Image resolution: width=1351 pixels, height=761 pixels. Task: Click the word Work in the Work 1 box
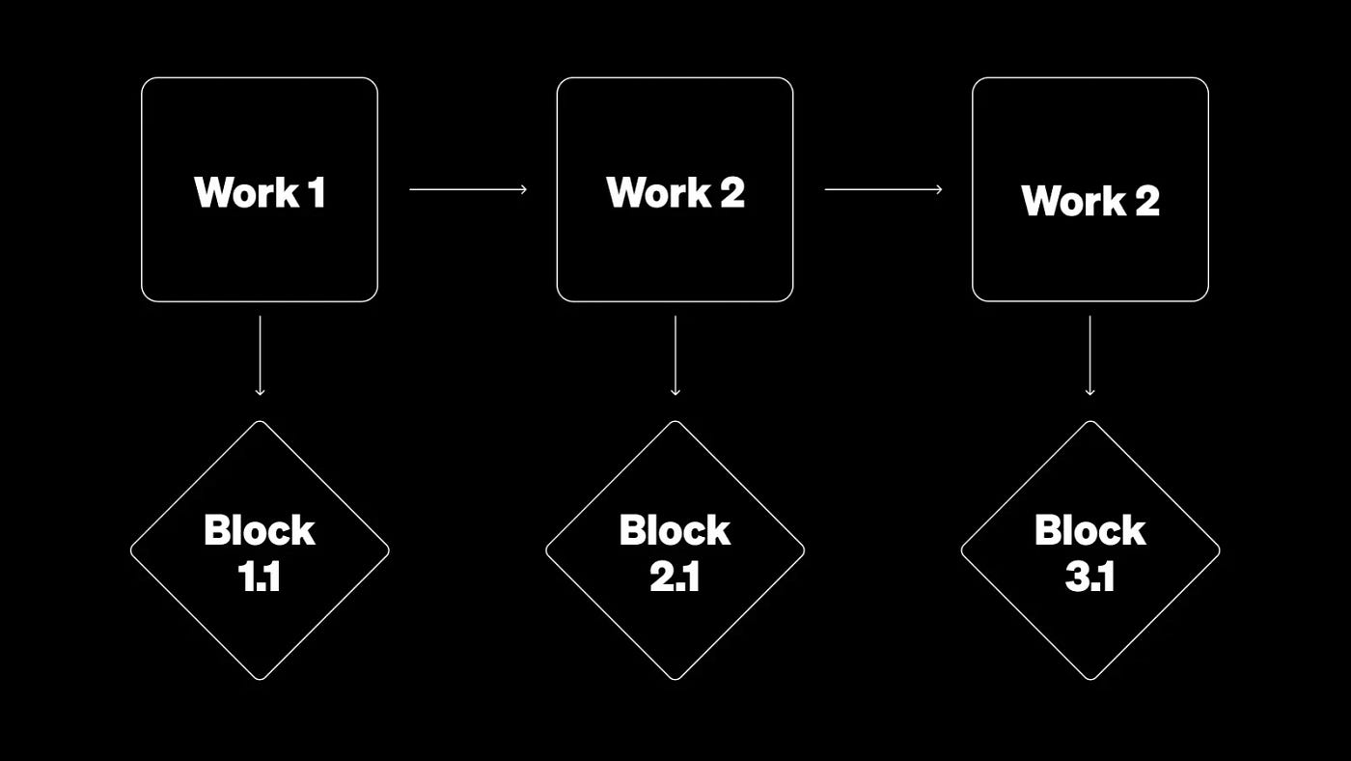tap(245, 192)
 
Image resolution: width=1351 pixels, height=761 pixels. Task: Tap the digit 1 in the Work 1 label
tap(317, 192)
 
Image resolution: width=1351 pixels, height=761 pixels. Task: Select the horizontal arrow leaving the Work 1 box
tap(468, 189)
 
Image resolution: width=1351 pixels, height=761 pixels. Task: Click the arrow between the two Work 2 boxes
tap(883, 189)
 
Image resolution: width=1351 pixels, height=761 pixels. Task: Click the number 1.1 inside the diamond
tap(259, 577)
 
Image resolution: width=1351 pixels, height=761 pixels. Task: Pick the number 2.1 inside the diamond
tap(675, 577)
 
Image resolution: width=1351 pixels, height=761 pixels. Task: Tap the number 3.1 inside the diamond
tap(1089, 577)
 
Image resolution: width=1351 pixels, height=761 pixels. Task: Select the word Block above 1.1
tap(260, 530)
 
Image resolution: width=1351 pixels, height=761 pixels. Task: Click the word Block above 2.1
tap(675, 530)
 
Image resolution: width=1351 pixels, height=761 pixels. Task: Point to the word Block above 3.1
tap(1089, 530)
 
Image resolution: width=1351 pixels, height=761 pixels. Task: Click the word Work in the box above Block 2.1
tap(659, 192)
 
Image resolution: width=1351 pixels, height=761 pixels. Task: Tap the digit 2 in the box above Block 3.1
tap(1146, 201)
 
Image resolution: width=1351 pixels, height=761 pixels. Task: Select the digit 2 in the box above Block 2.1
tap(731, 192)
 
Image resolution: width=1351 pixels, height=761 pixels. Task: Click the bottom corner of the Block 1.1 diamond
tap(260, 679)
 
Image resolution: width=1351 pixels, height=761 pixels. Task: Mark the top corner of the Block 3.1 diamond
tap(1089, 421)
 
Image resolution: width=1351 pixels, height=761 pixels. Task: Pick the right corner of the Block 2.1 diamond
tap(804, 550)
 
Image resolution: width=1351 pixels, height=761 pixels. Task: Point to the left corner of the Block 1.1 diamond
tap(131, 550)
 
